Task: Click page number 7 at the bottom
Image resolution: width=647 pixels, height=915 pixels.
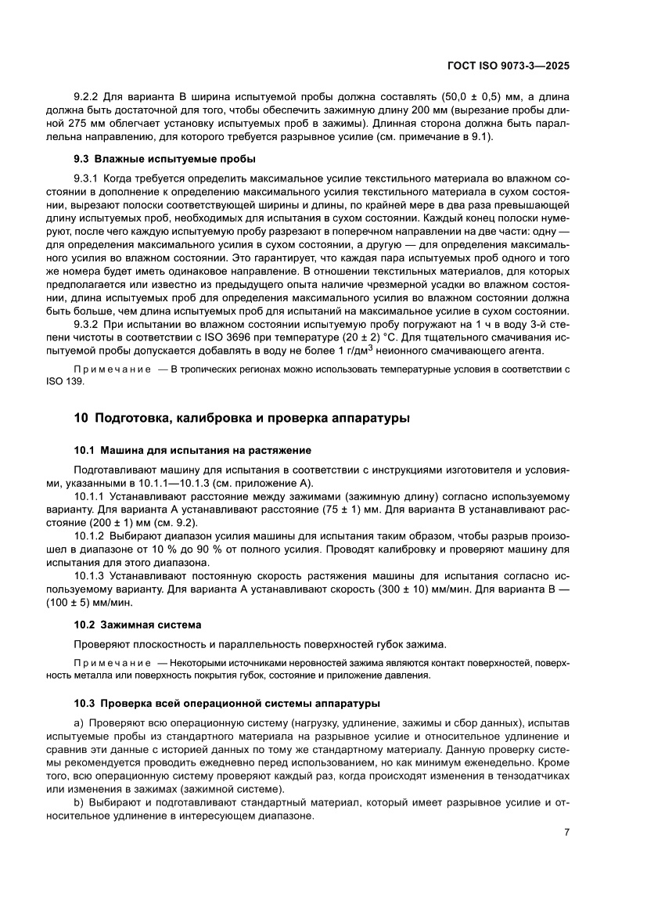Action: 566,833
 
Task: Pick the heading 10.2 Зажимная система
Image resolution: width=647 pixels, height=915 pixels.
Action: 138,625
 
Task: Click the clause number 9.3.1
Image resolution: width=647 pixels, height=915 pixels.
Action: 88,178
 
